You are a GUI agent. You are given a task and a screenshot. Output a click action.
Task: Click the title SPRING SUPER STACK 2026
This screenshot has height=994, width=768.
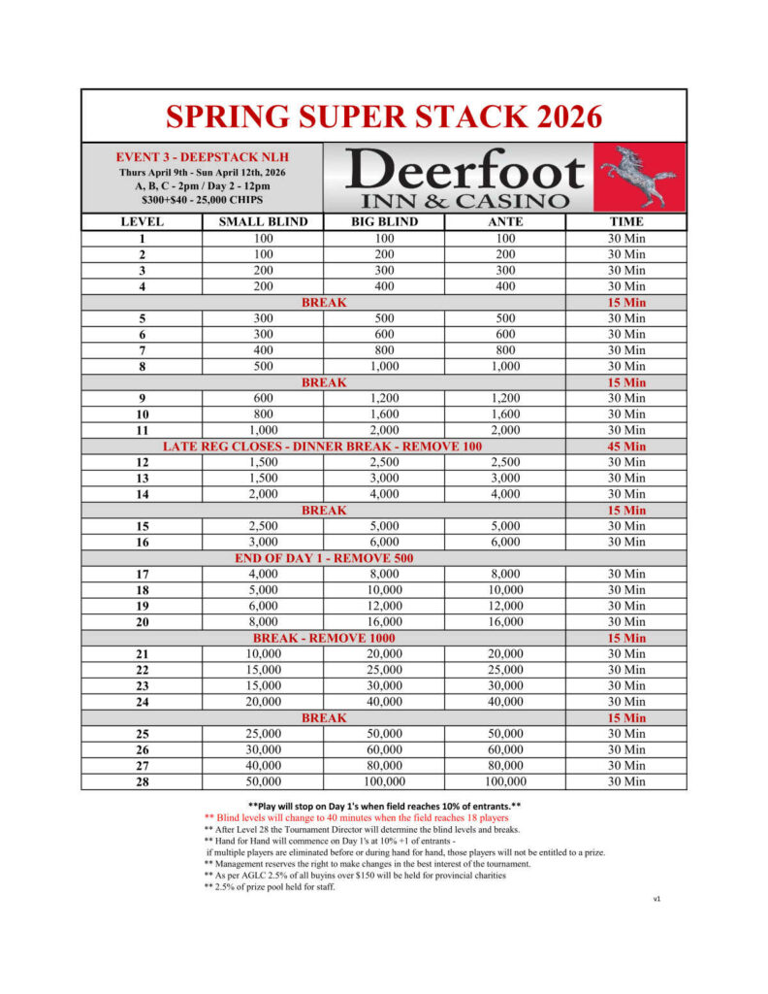(x=384, y=116)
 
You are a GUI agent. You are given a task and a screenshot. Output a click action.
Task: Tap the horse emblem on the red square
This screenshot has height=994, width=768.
(x=637, y=176)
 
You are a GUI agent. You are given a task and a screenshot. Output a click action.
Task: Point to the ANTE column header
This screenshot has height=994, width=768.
(x=506, y=221)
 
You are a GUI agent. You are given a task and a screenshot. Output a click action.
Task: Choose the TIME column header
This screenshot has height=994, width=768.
(x=626, y=221)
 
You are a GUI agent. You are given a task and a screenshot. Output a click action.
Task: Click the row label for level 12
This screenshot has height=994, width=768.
(x=142, y=462)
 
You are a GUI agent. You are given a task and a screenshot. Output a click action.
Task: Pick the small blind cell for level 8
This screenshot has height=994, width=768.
(x=262, y=366)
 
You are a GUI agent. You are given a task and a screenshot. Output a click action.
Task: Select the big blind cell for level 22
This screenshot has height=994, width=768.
(x=384, y=670)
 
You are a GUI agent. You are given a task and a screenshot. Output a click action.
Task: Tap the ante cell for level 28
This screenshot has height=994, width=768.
(x=506, y=781)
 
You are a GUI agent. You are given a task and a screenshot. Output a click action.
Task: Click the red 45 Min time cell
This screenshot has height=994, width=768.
(x=626, y=447)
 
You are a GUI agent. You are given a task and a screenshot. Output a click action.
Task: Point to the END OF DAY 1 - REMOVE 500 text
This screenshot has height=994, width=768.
(x=324, y=558)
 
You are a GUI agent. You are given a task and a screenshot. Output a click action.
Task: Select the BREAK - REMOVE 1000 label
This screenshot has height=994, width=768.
(x=324, y=638)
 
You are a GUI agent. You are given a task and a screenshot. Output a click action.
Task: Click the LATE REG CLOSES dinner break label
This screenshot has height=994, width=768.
(x=324, y=447)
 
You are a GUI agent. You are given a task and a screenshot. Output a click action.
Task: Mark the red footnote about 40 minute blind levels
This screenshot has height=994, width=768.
(x=356, y=817)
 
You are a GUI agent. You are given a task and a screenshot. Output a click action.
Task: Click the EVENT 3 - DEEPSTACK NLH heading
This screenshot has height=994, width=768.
(x=203, y=156)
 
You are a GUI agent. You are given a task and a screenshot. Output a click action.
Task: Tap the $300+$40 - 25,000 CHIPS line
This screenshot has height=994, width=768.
(x=203, y=199)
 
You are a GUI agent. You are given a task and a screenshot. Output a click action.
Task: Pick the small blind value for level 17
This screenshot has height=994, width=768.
(x=262, y=574)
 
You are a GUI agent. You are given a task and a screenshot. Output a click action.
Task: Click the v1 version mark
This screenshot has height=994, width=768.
(x=656, y=899)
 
